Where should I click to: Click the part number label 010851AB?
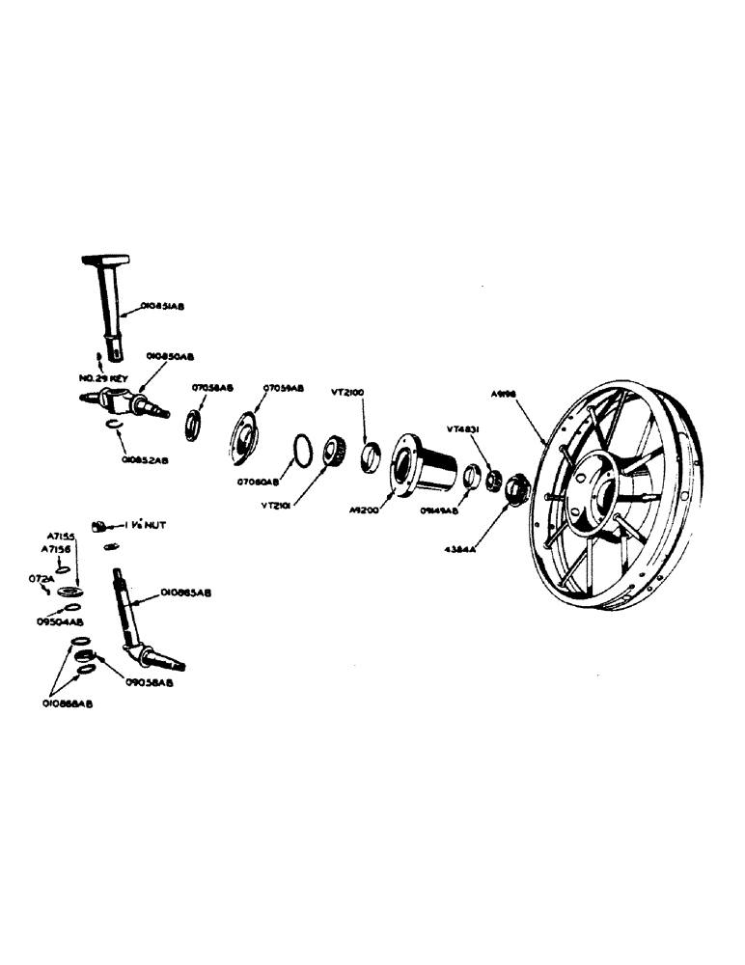pos(161,305)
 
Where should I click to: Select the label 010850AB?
pos(169,356)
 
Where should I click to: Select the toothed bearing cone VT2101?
pos(334,451)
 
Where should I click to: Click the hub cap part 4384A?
pos(513,488)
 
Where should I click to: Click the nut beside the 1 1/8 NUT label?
pos(98,526)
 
